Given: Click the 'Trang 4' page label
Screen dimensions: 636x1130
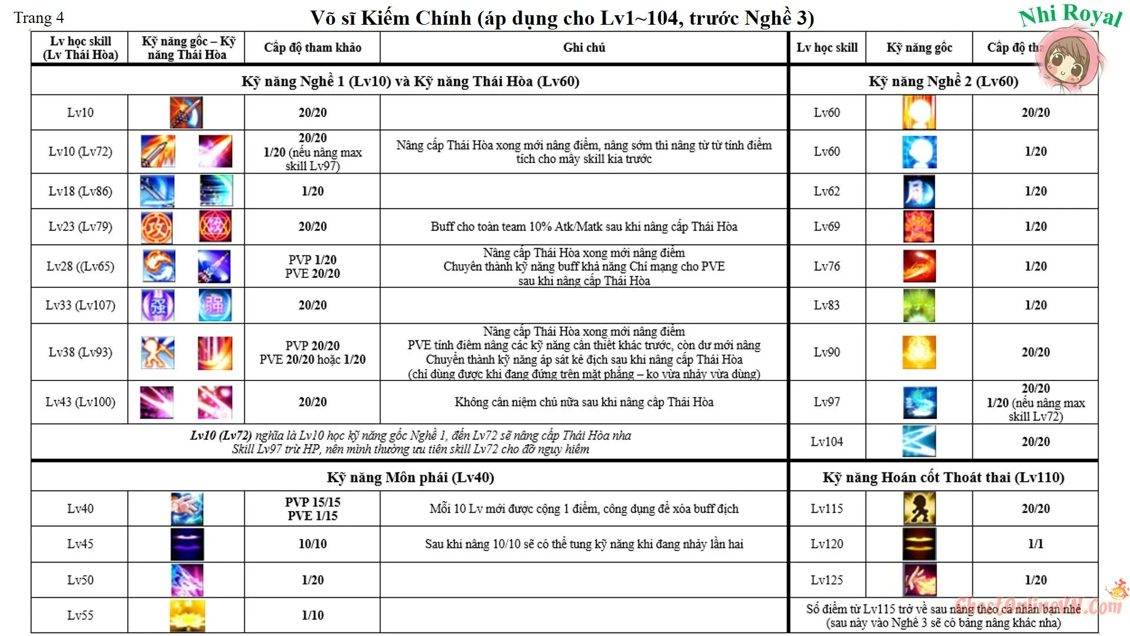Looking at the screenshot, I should [x=39, y=18].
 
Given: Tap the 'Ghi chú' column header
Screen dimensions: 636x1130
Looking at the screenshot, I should [x=584, y=48].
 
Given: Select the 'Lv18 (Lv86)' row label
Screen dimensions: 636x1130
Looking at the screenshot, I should [x=80, y=191].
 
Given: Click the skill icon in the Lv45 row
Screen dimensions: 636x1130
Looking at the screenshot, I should [x=187, y=544].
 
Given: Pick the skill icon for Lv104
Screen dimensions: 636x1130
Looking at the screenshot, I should [x=919, y=442].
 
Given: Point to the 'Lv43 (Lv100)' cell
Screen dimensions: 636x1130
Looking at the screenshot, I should [x=80, y=402].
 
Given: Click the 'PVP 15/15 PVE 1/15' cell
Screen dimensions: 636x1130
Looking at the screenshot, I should [x=313, y=509].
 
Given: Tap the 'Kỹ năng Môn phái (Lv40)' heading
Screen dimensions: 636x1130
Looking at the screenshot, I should [x=410, y=478].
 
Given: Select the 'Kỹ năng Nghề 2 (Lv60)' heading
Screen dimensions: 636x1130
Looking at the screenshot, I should [x=943, y=81].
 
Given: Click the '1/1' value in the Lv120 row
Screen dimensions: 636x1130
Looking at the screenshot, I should [x=1035, y=544].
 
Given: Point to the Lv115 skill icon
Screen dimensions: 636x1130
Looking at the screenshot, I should [x=919, y=509].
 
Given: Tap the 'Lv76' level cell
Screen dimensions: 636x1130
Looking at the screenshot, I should [x=826, y=266].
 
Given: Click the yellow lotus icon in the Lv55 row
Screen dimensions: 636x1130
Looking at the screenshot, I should [x=187, y=615].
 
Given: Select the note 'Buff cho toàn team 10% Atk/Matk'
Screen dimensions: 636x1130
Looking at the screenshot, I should [x=584, y=227].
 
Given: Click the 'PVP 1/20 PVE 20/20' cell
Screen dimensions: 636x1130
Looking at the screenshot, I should [x=313, y=267].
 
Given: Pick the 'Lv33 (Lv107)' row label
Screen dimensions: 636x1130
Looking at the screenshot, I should [x=80, y=305].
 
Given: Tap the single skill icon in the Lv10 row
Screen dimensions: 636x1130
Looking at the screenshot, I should [x=186, y=112].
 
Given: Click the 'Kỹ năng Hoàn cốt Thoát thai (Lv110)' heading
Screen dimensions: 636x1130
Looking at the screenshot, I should [x=943, y=478].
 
